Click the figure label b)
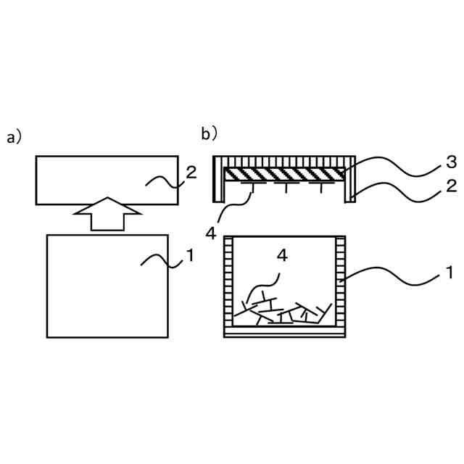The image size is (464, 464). [210, 133]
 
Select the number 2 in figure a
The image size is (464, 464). [191, 173]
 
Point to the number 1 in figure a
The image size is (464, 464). [190, 255]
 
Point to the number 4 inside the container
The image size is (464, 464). [283, 255]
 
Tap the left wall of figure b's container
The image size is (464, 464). [230, 283]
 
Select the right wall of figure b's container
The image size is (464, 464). [339, 283]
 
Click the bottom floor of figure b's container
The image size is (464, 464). [284, 333]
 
